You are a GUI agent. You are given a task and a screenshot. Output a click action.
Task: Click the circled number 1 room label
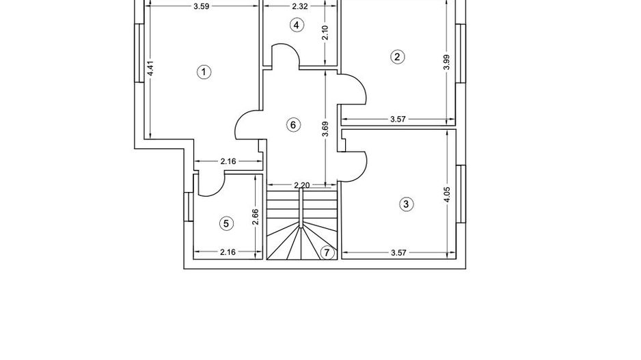coord(203,72)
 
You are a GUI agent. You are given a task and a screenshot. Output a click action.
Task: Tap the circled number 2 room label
coord(397,57)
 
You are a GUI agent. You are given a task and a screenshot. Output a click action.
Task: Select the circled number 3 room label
coord(406,204)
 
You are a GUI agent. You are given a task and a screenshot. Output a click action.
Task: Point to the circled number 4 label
coord(296,25)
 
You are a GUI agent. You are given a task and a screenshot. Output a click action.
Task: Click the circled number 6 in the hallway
coord(292,125)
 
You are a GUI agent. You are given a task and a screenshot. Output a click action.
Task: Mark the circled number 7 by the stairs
coord(327,253)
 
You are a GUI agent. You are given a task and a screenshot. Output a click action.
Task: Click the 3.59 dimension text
coord(201,7)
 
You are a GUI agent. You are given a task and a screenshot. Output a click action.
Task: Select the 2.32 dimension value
coord(299,7)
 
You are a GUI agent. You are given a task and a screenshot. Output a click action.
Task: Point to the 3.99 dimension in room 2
coord(446,63)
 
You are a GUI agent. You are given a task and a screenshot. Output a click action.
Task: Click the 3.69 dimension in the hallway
coord(325,129)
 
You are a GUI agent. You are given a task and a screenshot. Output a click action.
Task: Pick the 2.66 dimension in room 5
coord(255,217)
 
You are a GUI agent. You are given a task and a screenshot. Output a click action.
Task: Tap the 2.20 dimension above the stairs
coord(301,185)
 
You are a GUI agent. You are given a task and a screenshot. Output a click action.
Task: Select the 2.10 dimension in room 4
coord(325,33)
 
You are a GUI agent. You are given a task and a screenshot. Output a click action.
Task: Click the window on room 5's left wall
coord(188,207)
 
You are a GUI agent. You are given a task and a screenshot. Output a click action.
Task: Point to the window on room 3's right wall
coord(461,195)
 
